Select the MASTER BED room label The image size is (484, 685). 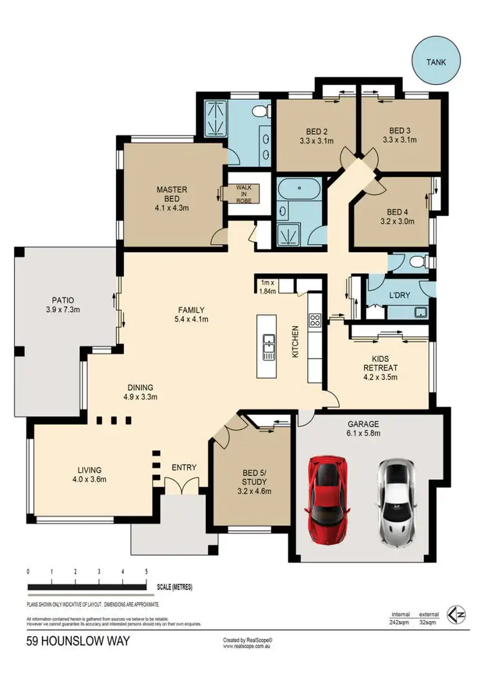tap(172, 194)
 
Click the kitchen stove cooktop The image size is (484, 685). tap(316, 320)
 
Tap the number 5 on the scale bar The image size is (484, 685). tap(146, 571)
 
